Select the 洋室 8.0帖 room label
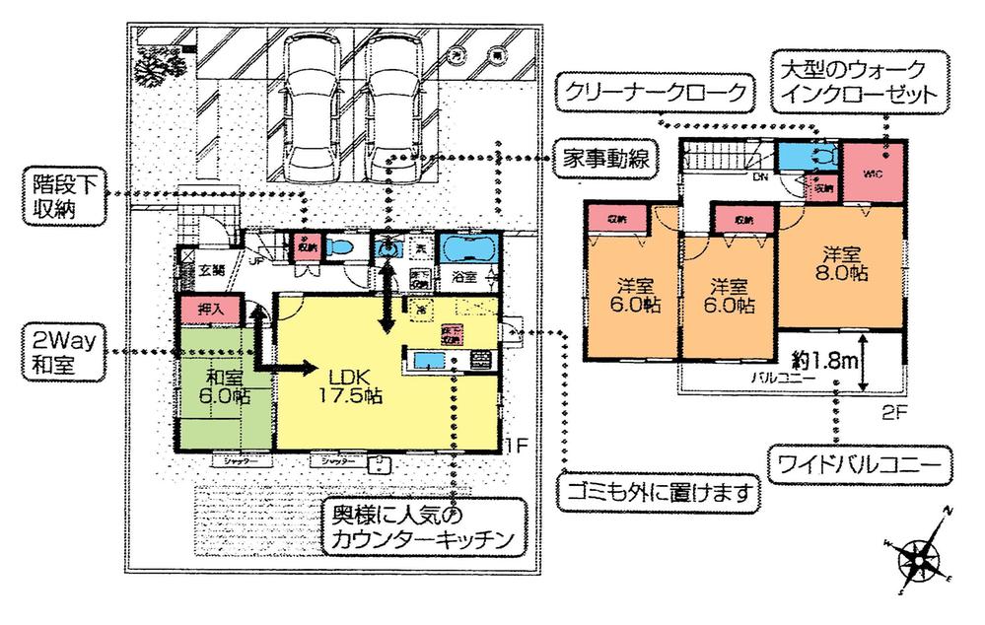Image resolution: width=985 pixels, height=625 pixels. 841,260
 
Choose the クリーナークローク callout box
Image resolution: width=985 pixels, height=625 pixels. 652,94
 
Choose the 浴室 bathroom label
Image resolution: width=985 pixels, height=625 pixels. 465,277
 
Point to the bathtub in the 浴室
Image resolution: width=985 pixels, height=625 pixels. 467,247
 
